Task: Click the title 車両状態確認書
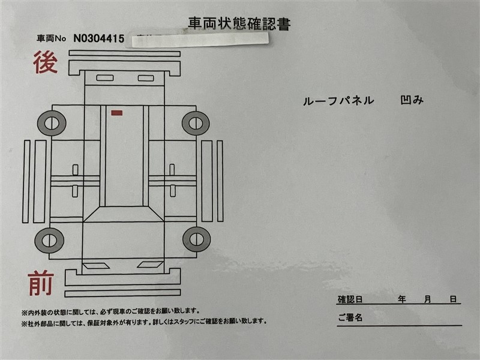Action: pyautogui.click(x=239, y=24)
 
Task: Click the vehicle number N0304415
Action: pyautogui.click(x=99, y=38)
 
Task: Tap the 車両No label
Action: pyautogui.click(x=51, y=38)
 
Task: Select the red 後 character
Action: pyautogui.click(x=46, y=62)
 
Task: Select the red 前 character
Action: pyautogui.click(x=41, y=283)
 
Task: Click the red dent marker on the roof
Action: pyautogui.click(x=117, y=113)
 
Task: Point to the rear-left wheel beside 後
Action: pyautogui.click(x=52, y=124)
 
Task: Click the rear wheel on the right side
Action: pyautogui.click(x=196, y=124)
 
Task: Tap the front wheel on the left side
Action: pyautogui.click(x=49, y=241)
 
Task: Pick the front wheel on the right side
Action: pyautogui.click(x=197, y=239)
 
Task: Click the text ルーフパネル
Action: pyautogui.click(x=338, y=101)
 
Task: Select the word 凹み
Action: pyautogui.click(x=412, y=100)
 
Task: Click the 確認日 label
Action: pyautogui.click(x=350, y=299)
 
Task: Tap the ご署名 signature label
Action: pyautogui.click(x=350, y=317)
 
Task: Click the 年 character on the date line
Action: pyautogui.click(x=402, y=299)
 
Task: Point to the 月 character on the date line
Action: pyautogui.click(x=428, y=299)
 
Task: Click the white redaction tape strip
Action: pyautogui.click(x=200, y=40)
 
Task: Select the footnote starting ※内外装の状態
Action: pyautogui.click(x=110, y=311)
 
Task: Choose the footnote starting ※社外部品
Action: pyautogui.click(x=144, y=322)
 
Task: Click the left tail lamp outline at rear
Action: pyautogui.click(x=105, y=78)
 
